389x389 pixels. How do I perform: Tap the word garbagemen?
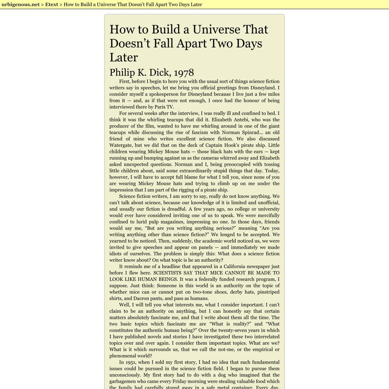pos(125,381)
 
